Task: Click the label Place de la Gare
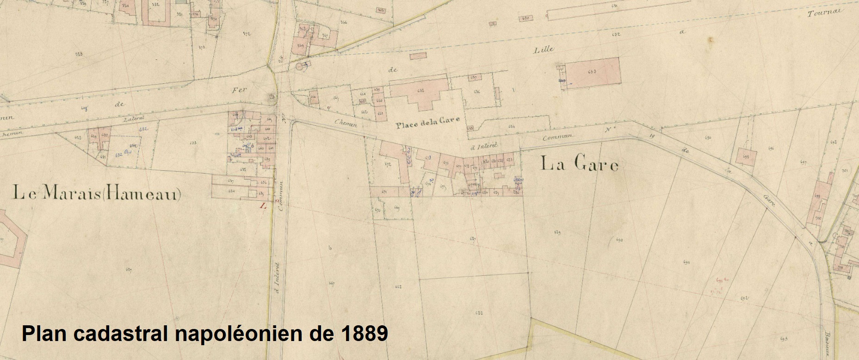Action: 427,120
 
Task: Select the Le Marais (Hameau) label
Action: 97,194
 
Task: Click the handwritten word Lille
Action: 544,50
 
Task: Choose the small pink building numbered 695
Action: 747,156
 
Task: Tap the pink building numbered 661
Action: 380,113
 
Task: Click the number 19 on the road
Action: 652,135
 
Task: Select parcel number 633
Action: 192,143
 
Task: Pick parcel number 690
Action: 620,240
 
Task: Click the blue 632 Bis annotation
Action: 122,154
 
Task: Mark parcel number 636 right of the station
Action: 476,92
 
